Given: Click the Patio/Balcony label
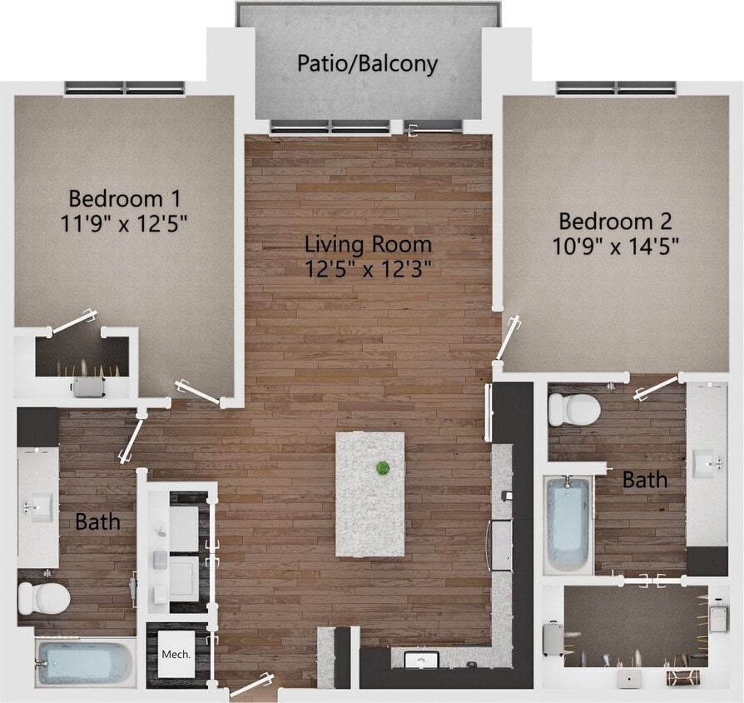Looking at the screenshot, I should [367, 64].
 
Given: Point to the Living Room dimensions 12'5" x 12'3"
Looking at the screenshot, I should [369, 268].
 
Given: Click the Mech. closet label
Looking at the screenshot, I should [176, 654].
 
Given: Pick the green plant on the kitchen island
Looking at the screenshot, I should [383, 468].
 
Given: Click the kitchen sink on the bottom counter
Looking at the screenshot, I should [421, 661].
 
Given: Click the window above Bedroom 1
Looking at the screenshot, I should [125, 88].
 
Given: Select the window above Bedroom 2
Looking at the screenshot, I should [616, 87].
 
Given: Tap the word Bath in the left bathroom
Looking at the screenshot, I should [98, 522].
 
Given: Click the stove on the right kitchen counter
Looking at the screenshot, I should [501, 545].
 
